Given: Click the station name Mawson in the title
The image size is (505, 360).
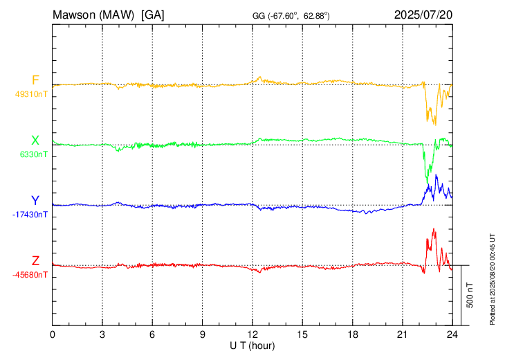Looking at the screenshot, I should [74, 14].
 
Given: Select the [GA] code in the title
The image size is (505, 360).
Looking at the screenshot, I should [152, 14].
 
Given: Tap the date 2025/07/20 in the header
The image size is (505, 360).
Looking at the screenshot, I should [423, 14].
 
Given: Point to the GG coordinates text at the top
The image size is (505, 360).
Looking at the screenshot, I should [291, 15].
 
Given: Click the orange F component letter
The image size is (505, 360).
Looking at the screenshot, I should [35, 80].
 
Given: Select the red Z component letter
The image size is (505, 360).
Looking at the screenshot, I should [35, 261].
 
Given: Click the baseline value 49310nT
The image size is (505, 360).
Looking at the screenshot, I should [30, 93].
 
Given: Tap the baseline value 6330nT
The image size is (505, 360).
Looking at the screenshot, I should [33, 154].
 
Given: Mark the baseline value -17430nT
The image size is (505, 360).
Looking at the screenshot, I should [30, 215].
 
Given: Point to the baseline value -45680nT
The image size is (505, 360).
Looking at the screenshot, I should [30, 275].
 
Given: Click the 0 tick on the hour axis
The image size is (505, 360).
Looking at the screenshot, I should [53, 334].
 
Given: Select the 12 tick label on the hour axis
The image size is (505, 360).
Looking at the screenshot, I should [252, 334].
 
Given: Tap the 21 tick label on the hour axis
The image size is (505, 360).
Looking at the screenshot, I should [402, 334].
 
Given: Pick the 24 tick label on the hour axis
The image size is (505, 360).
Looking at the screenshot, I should [452, 334].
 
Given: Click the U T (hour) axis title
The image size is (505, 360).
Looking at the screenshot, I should [252, 345].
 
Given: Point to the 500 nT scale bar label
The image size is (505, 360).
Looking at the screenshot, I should [470, 295].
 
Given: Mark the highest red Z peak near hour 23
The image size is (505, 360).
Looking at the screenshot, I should [434, 228].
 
